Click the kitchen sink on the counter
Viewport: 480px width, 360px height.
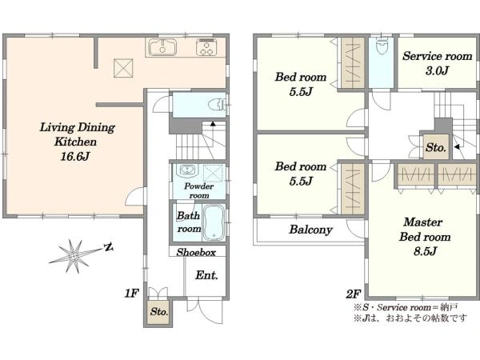162,47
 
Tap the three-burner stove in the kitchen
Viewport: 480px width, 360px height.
206,47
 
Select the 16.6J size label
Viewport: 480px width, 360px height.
75,157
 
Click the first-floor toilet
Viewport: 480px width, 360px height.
217,105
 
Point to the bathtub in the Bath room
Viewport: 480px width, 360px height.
214,222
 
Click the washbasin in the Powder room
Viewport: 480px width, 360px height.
186,170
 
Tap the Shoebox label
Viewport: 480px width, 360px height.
196,252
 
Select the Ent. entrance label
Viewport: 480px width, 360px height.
206,275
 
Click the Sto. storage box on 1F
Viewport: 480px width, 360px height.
158,312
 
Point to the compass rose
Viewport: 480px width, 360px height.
74,255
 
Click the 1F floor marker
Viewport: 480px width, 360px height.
132,294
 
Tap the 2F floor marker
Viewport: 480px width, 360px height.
353,294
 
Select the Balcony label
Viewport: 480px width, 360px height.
310,230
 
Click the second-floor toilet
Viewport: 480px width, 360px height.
382,47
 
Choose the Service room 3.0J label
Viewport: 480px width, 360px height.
437,63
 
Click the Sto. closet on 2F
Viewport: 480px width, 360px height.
436,147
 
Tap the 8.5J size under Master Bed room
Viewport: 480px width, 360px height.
425,252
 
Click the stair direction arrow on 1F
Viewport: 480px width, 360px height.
212,124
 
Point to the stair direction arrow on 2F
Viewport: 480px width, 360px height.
457,147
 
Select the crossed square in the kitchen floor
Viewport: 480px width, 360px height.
123,68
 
